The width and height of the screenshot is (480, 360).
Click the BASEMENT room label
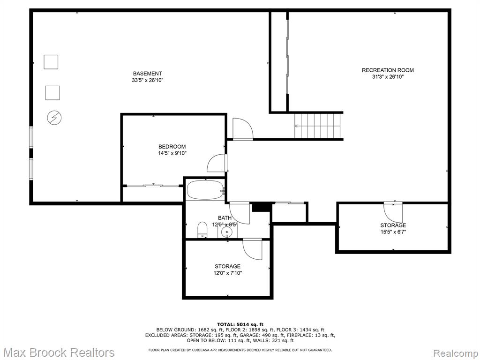(x=147, y=74)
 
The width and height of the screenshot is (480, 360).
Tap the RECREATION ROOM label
(x=388, y=70)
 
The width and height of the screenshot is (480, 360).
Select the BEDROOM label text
(x=172, y=147)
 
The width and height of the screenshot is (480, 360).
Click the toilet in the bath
(x=202, y=230)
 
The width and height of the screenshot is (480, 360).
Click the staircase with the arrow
(x=318, y=126)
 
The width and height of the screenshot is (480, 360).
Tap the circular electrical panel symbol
(x=54, y=118)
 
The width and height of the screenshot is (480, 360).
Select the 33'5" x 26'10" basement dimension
(x=147, y=80)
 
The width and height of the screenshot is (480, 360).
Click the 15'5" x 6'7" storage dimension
(x=393, y=232)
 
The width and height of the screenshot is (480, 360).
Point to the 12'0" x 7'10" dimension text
(x=227, y=273)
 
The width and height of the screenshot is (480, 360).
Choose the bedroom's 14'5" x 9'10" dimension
(x=172, y=153)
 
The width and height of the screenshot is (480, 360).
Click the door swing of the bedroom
(x=217, y=163)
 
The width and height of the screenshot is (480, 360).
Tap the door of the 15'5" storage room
(x=393, y=212)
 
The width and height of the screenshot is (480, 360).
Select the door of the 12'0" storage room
(x=253, y=249)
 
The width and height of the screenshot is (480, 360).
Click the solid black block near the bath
(x=262, y=207)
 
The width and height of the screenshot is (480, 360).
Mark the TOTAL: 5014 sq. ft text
(x=240, y=324)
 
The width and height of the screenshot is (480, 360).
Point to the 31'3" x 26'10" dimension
(x=388, y=77)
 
